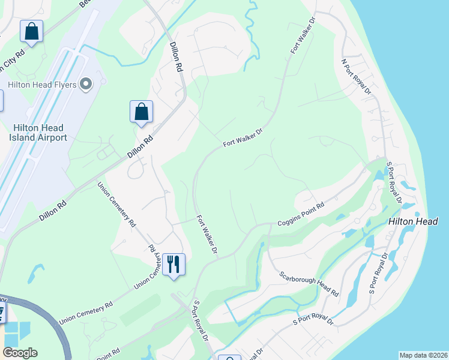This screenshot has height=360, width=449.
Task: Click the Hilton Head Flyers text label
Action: click(x=41, y=85)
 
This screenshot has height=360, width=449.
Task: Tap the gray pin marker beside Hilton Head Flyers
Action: click(x=86, y=85)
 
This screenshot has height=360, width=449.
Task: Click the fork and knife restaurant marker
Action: click(x=173, y=263)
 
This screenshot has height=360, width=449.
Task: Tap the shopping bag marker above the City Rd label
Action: click(x=31, y=31)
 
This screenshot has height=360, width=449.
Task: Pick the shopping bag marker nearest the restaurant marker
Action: click(x=141, y=112)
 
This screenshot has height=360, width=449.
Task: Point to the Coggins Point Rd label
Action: click(x=301, y=214)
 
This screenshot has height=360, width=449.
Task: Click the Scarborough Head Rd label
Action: click(x=309, y=284)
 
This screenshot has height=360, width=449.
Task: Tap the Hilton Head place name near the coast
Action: click(x=413, y=221)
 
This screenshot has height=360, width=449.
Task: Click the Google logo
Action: click(x=20, y=353)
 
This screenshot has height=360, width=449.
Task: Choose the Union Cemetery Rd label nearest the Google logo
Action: click(x=86, y=313)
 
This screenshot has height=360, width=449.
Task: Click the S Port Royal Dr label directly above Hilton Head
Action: click(x=394, y=182)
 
